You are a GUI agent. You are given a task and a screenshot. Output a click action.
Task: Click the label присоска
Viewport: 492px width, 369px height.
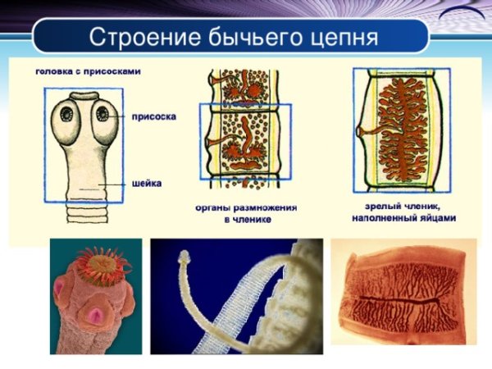coord(153,116)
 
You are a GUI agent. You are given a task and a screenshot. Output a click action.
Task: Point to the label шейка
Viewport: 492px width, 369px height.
coord(146,184)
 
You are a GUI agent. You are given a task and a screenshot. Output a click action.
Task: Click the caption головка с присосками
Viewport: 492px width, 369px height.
coord(88,71)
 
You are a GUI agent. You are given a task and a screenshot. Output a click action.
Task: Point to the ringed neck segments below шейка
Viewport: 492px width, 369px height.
coord(85,214)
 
